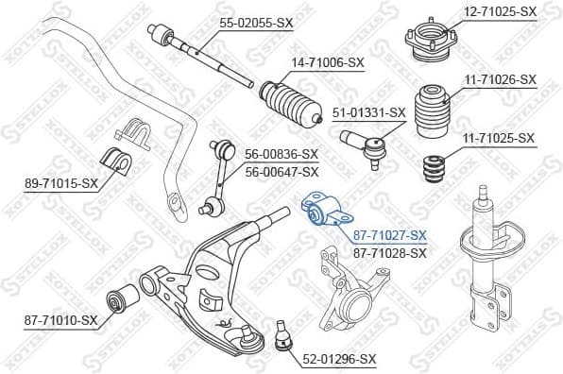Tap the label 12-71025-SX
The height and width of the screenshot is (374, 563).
pyautogui.click(x=500, y=11)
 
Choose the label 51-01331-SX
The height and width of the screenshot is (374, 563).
pyautogui.click(x=369, y=112)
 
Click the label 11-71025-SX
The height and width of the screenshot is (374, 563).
pyautogui.click(x=500, y=139)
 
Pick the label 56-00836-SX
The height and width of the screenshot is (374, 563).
pyautogui.click(x=281, y=154)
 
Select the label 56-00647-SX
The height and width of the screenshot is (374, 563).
pyautogui.click(x=281, y=171)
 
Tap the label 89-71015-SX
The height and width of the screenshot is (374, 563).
pyautogui.click(x=61, y=182)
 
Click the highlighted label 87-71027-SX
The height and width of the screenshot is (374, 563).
pyautogui.click(x=390, y=235)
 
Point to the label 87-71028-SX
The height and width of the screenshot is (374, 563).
pyautogui.click(x=390, y=252)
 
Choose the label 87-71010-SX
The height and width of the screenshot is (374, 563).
pyautogui.click(x=61, y=321)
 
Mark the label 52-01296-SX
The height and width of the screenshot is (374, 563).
pyautogui.click(x=338, y=359)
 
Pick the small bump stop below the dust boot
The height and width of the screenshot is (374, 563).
pyautogui.click(x=434, y=169)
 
